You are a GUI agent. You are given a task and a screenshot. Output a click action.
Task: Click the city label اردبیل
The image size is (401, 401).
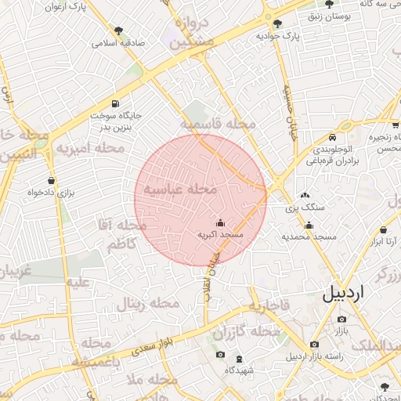pos(343,294)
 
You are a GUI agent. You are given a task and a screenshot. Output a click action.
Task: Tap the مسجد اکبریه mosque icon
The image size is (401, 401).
pos(220,223)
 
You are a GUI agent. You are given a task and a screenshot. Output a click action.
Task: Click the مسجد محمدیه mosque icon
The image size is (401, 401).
pos(309,226)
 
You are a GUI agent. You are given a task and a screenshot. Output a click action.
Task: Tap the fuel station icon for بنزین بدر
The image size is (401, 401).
pos(117,103)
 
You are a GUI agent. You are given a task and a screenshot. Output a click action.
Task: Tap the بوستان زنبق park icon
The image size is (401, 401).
pos(330,4)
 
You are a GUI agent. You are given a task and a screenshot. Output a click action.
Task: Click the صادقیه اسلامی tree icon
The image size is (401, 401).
pos(118,31)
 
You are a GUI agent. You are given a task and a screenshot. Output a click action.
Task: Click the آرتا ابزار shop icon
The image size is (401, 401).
pos(383,230)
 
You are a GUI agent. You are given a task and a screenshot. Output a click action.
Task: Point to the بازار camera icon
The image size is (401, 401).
pos(341,319)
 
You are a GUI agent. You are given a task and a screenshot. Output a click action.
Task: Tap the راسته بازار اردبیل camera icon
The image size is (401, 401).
pos(314,344)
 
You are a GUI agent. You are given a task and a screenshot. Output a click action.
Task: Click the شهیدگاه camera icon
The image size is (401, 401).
pos(220,356)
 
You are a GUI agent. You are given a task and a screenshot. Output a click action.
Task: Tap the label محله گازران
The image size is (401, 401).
pos(246,332)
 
